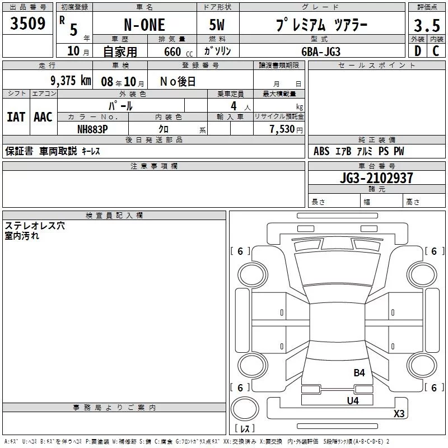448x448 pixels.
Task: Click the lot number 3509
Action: click(x=27, y=24)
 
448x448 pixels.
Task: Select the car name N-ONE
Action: click(x=144, y=25)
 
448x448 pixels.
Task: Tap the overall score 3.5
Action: click(x=427, y=26)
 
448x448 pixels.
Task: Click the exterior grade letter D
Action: click(x=418, y=51)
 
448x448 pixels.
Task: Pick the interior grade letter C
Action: click(x=436, y=51)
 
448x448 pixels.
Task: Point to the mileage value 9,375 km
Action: click(x=71, y=81)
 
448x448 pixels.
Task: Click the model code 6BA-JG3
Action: click(x=321, y=52)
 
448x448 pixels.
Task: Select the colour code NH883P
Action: click(x=92, y=129)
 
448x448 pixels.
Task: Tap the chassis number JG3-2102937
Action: click(x=376, y=178)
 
